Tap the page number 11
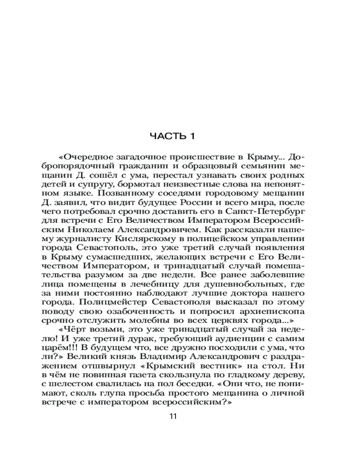(x=173, y=416)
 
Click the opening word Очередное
(x=88, y=157)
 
